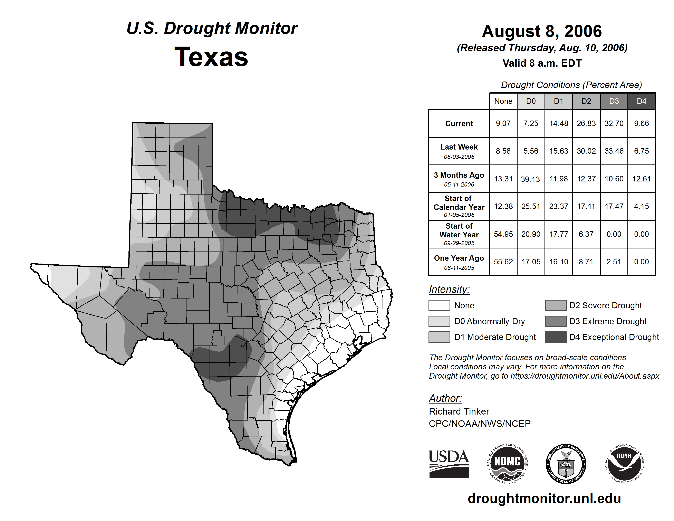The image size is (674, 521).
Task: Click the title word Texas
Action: coord(211,57)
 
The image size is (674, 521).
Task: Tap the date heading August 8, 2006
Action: coord(542,31)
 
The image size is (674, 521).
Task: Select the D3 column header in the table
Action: coord(614,101)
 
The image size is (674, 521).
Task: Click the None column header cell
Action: coord(503,101)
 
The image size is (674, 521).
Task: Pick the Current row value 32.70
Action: coord(614,123)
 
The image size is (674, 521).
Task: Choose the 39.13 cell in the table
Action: coord(530,179)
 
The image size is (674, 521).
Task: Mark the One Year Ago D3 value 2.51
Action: coord(614,262)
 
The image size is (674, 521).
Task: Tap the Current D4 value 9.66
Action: coord(641,123)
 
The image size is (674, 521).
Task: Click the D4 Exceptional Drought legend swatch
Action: coord(556,337)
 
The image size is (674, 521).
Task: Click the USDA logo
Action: coord(449,464)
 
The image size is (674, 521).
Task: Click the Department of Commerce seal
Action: coord(566,464)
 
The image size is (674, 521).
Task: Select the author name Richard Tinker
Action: coord(459,411)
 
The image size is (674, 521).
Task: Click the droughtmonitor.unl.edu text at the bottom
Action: coord(544,499)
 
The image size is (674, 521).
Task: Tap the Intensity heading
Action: coord(449,290)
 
